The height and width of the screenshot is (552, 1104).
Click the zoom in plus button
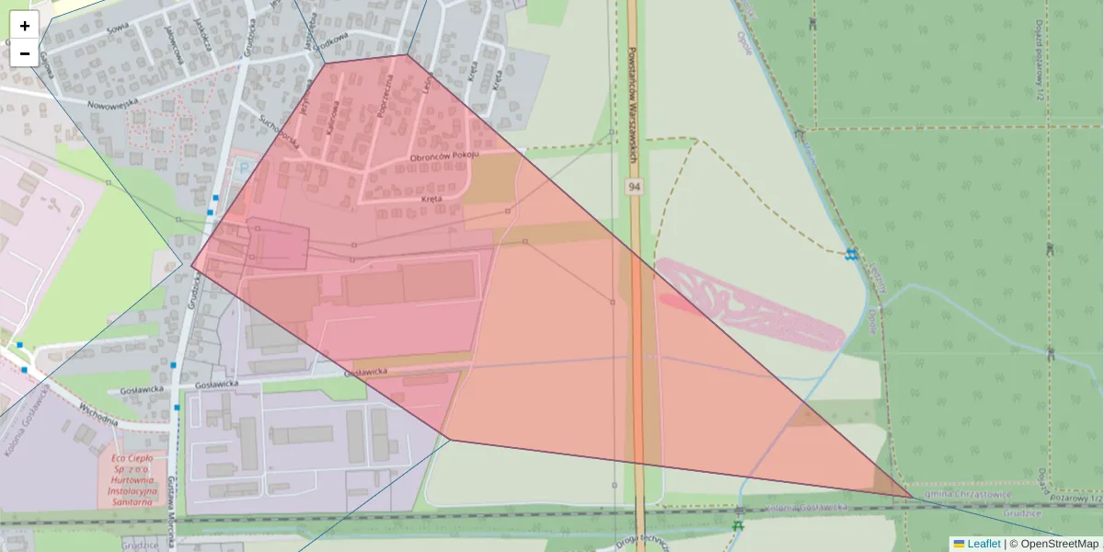[25, 26]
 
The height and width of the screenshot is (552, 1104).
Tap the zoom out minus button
[25, 53]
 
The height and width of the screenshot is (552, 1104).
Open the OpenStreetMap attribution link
[1059, 544]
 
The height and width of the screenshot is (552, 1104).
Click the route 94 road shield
[635, 187]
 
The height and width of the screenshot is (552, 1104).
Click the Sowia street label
[117, 29]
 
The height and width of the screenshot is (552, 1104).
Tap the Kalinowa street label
[334, 114]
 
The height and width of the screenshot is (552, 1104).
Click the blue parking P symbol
[243, 167]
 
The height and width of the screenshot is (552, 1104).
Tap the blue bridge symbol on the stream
[852, 253]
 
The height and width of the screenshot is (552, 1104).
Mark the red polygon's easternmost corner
[913, 497]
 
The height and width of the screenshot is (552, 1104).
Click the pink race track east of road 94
[750, 304]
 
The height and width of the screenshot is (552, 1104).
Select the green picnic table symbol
[737, 526]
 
